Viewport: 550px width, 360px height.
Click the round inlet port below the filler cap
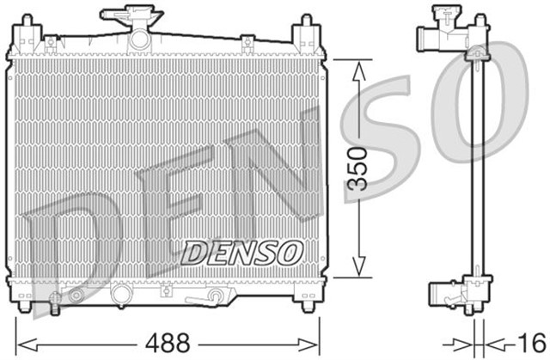pos(138,40)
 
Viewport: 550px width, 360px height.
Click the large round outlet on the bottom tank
pos(124,295)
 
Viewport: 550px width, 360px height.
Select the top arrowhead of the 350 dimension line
pos(358,64)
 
